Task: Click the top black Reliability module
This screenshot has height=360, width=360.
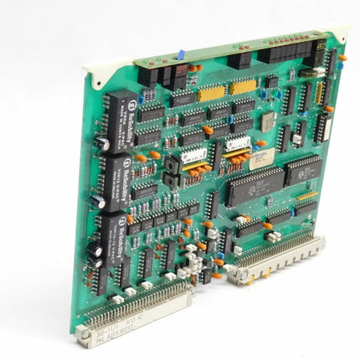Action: point(120,111)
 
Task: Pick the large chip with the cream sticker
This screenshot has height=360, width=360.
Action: point(252,187)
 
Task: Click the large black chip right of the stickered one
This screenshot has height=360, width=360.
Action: point(303,168)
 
